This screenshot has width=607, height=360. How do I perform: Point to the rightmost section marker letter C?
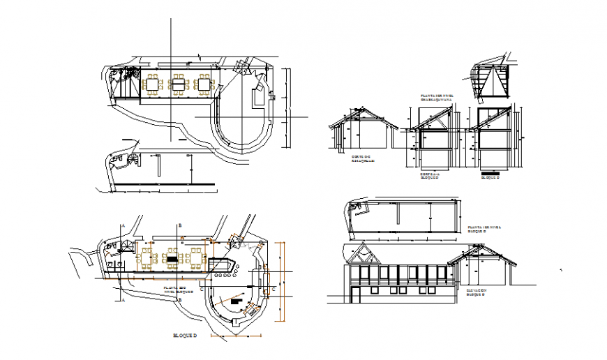tap(274, 287)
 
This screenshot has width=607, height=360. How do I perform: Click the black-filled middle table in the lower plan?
tap(172, 259)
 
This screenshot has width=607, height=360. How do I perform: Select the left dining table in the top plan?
tap(152, 84)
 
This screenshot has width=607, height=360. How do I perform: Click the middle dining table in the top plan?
tap(179, 84)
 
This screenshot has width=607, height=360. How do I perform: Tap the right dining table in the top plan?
tap(204, 84)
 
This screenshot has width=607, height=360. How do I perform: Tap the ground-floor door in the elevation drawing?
tap(356, 295)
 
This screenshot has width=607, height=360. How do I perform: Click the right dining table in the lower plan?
tap(195, 259)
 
